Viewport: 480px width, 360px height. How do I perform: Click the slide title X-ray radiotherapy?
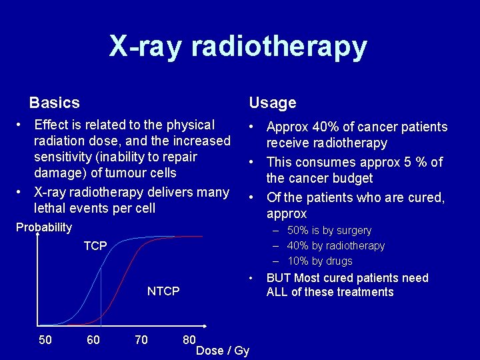tap(238, 47)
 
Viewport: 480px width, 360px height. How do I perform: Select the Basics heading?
tap(54, 103)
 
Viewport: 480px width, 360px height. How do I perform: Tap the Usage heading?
tap(272, 103)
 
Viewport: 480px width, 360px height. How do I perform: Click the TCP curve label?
tap(95, 246)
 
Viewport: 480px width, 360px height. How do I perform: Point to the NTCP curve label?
tap(163, 291)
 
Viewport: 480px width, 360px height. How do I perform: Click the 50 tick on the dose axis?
tap(45, 340)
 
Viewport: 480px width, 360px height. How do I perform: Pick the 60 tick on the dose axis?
tap(93, 340)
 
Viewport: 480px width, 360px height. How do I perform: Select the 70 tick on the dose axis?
tap(141, 340)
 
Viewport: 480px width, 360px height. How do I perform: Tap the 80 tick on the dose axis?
tap(189, 340)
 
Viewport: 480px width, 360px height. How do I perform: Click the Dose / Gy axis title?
tap(223, 351)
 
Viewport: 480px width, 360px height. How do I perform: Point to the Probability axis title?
tap(44, 227)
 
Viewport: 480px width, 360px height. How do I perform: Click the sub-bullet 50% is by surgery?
tap(329, 231)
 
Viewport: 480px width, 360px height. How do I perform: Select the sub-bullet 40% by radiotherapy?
tap(336, 246)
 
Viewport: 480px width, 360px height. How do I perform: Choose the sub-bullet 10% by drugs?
tap(320, 261)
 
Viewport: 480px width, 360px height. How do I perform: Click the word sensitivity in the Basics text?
tap(62, 157)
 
